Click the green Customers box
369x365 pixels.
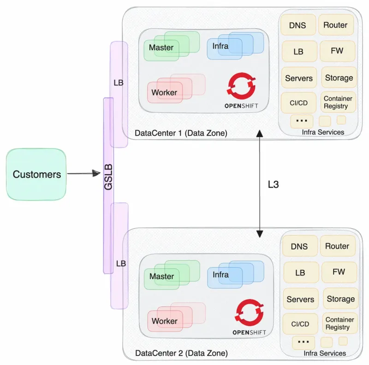click(36, 174)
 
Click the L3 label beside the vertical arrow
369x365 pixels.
click(274, 184)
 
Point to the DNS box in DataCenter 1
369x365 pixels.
click(298, 25)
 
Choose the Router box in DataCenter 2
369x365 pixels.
click(337, 246)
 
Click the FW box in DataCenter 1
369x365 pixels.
click(337, 51)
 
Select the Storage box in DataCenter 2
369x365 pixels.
click(340, 299)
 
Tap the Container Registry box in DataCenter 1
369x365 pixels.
click(338, 103)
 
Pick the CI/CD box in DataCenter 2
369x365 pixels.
click(300, 324)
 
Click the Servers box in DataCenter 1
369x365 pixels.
click(298, 78)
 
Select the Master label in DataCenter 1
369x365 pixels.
click(161, 48)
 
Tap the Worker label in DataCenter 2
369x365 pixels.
click(164, 321)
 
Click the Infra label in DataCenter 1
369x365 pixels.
click(220, 46)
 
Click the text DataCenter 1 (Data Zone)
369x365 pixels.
click(181, 134)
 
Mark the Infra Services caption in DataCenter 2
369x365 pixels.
click(325, 353)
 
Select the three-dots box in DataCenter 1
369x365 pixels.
click(302, 121)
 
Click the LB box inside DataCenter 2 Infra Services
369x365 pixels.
click(300, 273)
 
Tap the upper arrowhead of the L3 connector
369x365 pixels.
click(260, 134)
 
